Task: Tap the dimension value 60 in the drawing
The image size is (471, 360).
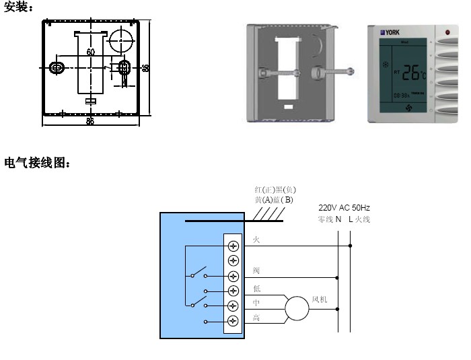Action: (91, 52)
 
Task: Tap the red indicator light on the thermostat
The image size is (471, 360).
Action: (447, 32)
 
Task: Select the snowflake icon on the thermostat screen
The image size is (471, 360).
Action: (386, 65)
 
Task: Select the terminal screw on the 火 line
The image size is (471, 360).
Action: (233, 246)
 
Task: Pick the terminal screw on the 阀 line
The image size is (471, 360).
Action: (233, 276)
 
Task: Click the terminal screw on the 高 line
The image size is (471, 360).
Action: (233, 321)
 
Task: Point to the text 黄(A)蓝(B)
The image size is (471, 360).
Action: (274, 200)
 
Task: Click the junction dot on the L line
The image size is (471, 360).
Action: (351, 246)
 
